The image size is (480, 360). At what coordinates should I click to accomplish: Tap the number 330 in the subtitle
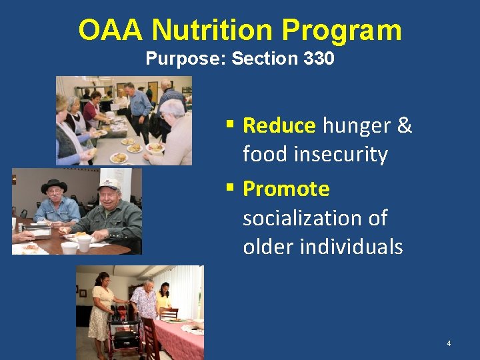tap(319, 59)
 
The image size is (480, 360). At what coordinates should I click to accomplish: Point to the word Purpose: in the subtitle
tap(186, 59)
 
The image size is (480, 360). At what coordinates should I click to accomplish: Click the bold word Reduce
tap(279, 125)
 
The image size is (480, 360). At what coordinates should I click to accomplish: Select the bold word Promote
tap(286, 189)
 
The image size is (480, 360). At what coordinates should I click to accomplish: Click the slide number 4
tap(449, 343)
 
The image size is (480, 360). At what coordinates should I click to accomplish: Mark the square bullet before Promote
tap(229, 189)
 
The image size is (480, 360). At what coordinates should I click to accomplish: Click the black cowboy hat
tap(54, 185)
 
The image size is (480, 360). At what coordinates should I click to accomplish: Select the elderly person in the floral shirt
tap(145, 303)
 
